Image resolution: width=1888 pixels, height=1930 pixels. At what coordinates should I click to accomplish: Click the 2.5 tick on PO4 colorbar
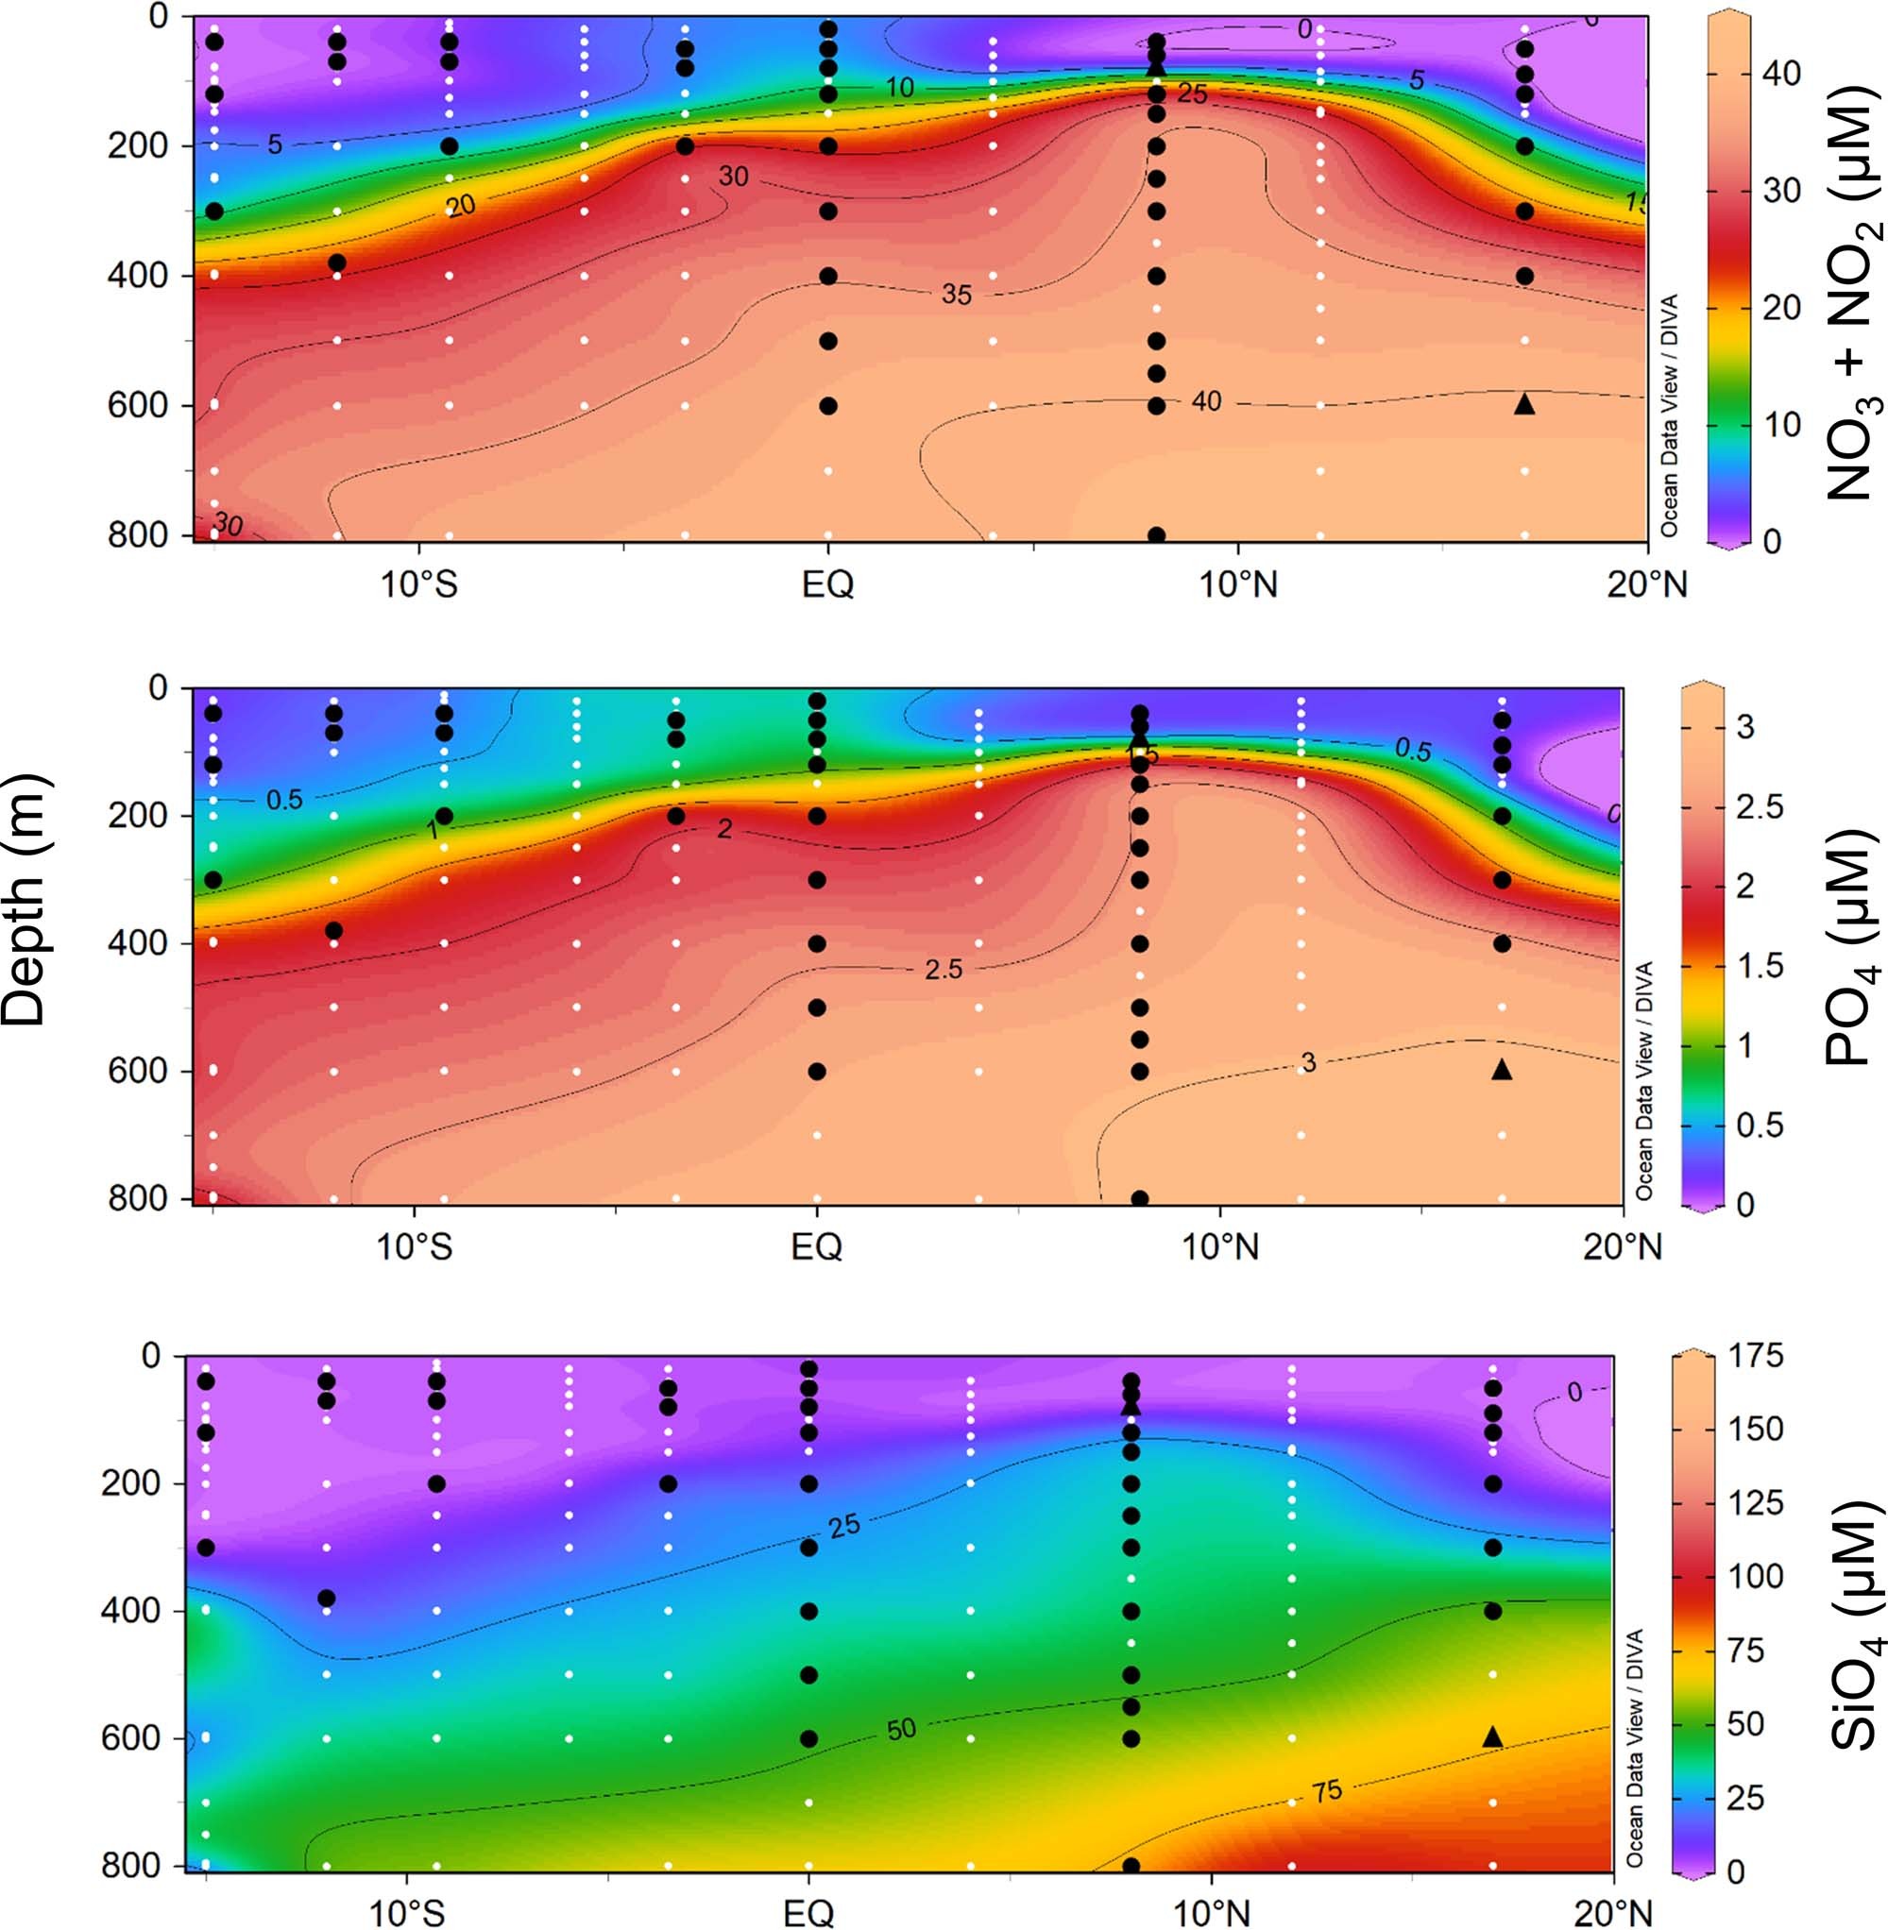[x=1760, y=807]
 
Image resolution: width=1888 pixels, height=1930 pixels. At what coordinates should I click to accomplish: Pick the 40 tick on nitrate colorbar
[x=1781, y=74]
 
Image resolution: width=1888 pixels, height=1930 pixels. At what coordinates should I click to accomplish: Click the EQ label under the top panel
[x=827, y=584]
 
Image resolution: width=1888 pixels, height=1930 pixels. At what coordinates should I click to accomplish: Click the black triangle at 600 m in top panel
[x=1524, y=404]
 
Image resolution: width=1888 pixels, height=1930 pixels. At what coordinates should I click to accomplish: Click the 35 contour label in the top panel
[x=956, y=295]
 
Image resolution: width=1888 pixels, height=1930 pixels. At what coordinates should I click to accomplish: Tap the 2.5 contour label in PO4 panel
[x=943, y=970]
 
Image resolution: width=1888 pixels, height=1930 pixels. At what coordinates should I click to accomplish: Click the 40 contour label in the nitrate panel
[x=1206, y=401]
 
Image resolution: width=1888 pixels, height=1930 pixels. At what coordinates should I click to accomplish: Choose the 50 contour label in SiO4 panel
[x=900, y=1731]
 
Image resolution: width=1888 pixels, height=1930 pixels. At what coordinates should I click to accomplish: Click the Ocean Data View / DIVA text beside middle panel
[x=1644, y=1080]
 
